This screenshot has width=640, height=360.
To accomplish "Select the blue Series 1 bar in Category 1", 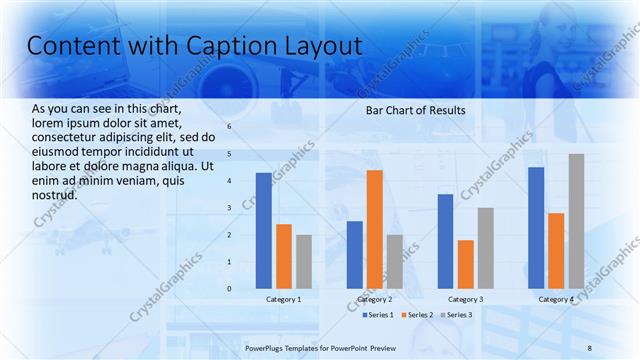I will click(x=263, y=230).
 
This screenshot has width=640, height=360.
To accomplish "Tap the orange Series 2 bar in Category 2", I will click(x=375, y=229).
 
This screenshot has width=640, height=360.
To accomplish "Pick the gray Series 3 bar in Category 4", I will click(x=576, y=221).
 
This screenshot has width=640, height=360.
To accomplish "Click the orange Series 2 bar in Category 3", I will click(x=466, y=264).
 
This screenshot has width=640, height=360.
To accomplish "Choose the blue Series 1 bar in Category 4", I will click(x=536, y=227).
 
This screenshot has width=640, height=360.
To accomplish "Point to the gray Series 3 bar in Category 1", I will click(x=304, y=261).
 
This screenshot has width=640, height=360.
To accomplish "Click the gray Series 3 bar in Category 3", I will click(x=486, y=248).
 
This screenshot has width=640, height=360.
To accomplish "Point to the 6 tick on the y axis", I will click(x=229, y=127).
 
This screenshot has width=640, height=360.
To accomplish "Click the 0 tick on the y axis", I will click(x=229, y=289).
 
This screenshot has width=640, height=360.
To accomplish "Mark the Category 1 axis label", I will click(x=284, y=300).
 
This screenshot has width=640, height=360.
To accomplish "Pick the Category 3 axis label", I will click(x=466, y=300).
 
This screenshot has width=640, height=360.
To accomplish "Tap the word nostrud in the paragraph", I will click(x=55, y=194).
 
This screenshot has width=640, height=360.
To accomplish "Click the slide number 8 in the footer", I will click(x=589, y=347).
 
